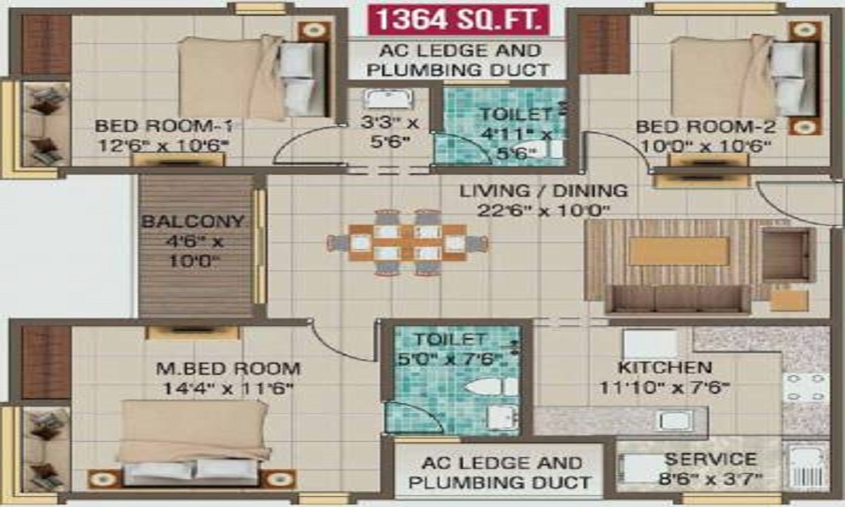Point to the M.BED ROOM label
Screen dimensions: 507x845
coord(228,368)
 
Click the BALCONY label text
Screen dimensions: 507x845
coord(193,222)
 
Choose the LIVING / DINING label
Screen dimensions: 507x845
coord(543,191)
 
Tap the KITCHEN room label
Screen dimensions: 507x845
coord(664,368)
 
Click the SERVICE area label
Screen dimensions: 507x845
coord(711,461)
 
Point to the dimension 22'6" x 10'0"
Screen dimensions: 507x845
coord(543,210)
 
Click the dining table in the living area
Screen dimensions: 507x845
coord(406,243)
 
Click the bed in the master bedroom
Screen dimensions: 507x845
coord(194,439)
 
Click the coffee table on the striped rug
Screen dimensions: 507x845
coord(678,251)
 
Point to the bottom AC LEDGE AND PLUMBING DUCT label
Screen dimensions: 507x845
coord(499,473)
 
